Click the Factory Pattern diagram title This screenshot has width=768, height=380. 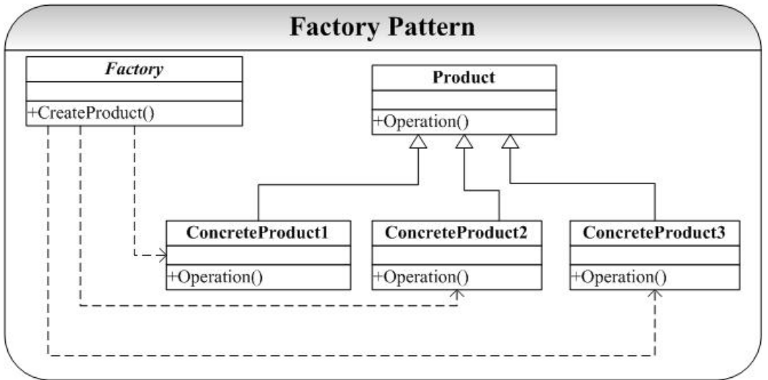382,27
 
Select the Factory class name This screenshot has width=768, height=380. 134,69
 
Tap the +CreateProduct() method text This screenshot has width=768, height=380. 91,113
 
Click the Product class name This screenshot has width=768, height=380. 464,78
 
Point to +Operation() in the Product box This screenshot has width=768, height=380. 421,122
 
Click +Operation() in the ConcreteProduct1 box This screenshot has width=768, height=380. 215,277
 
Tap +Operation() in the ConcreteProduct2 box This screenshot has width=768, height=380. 421,277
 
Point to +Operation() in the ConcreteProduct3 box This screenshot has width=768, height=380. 619,277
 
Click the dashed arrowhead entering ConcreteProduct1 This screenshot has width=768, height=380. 163,255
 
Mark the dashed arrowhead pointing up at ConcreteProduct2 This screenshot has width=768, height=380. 458,294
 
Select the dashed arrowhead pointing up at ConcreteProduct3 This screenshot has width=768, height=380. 655,294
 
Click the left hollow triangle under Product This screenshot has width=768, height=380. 418,141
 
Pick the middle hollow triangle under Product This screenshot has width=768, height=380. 464,141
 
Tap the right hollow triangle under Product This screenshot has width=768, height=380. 510,141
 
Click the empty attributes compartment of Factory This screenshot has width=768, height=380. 134,91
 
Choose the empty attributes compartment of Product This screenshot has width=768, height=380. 464,100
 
